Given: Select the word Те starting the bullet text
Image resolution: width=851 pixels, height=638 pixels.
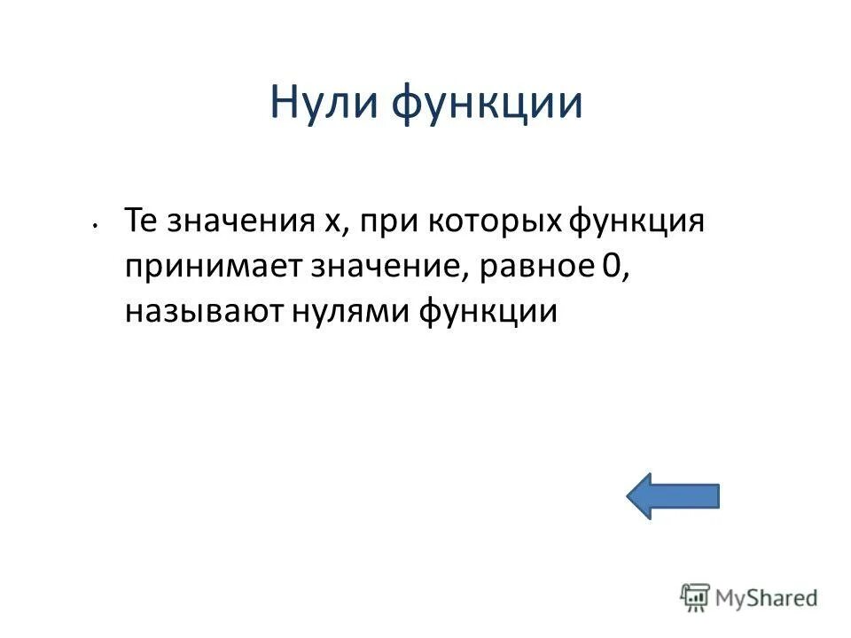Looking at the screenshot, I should tap(140, 219).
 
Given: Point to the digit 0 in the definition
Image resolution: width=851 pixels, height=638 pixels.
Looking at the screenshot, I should tap(609, 266).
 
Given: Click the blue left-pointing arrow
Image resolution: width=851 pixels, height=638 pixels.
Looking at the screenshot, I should tap(673, 495).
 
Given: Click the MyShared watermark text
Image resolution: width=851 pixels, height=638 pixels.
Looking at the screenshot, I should tap(766, 597).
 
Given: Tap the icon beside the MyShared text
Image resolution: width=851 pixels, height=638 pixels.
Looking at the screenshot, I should tap(694, 597).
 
